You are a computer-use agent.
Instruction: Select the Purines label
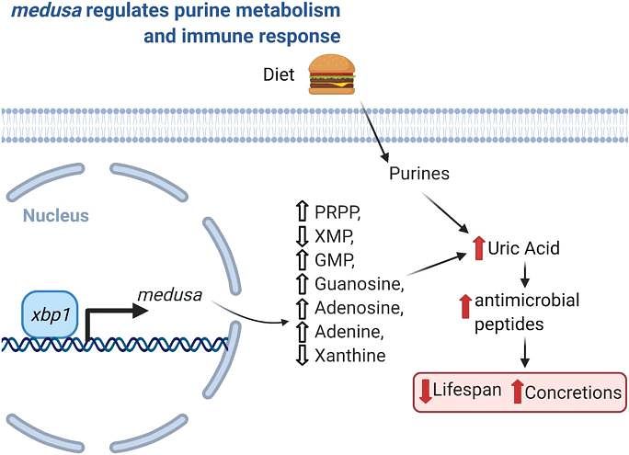[x=418, y=172]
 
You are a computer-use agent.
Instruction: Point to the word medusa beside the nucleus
[x=166, y=294]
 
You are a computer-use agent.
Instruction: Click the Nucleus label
[x=56, y=217]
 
